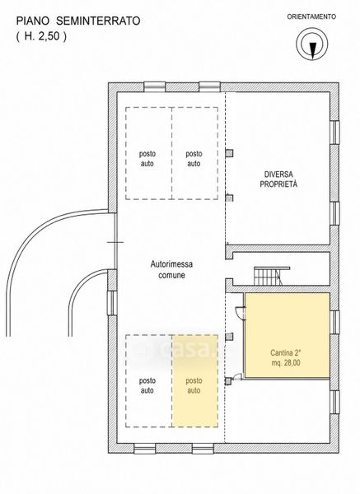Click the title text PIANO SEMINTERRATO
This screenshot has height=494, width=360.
pyautogui.click(x=78, y=21)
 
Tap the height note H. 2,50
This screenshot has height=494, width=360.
pyautogui.click(x=41, y=36)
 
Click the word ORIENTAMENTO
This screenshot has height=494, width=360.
pyautogui.click(x=311, y=16)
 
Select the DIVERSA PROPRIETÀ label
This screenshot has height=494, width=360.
pyautogui.click(x=278, y=179)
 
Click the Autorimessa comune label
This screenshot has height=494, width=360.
pyautogui.click(x=171, y=269)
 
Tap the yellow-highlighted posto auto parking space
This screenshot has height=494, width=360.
pyautogui.click(x=194, y=381)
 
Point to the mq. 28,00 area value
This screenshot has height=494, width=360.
pyautogui.click(x=286, y=362)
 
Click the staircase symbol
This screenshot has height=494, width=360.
pyautogui.click(x=272, y=276)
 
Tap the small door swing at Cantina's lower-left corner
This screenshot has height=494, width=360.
pyautogui.click(x=237, y=377)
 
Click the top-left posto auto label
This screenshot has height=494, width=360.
pyautogui.click(x=147, y=159)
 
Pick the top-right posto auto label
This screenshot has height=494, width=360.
pyautogui.click(x=194, y=159)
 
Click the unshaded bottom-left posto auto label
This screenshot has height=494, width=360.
pyautogui.click(x=147, y=385)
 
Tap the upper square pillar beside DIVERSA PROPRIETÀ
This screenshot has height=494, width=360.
pyautogui.click(x=229, y=153)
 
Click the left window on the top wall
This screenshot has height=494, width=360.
pyautogui.click(x=155, y=87)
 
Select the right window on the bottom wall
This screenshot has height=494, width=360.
pyautogui.click(x=203, y=449)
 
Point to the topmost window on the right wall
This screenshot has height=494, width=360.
pyautogui.click(x=334, y=133)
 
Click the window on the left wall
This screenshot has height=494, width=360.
pyautogui.click(x=112, y=302)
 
